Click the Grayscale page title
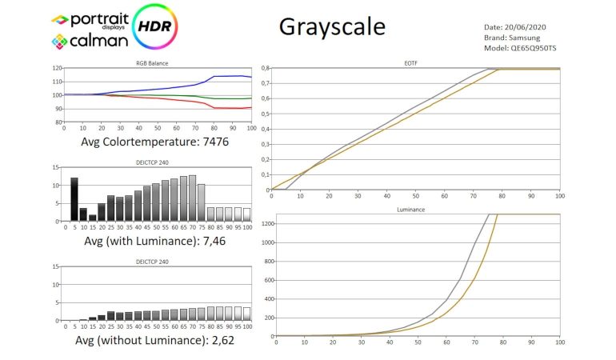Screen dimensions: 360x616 coord(332,26)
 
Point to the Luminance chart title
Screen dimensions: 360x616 coord(414,209)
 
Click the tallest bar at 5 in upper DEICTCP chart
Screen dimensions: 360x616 coord(74,199)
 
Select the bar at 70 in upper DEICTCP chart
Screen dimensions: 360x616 coord(192,198)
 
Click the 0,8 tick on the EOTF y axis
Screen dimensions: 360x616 coord(265,68)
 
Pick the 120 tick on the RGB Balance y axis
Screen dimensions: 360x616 coord(56,68)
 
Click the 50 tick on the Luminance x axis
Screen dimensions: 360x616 coord(417,342)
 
